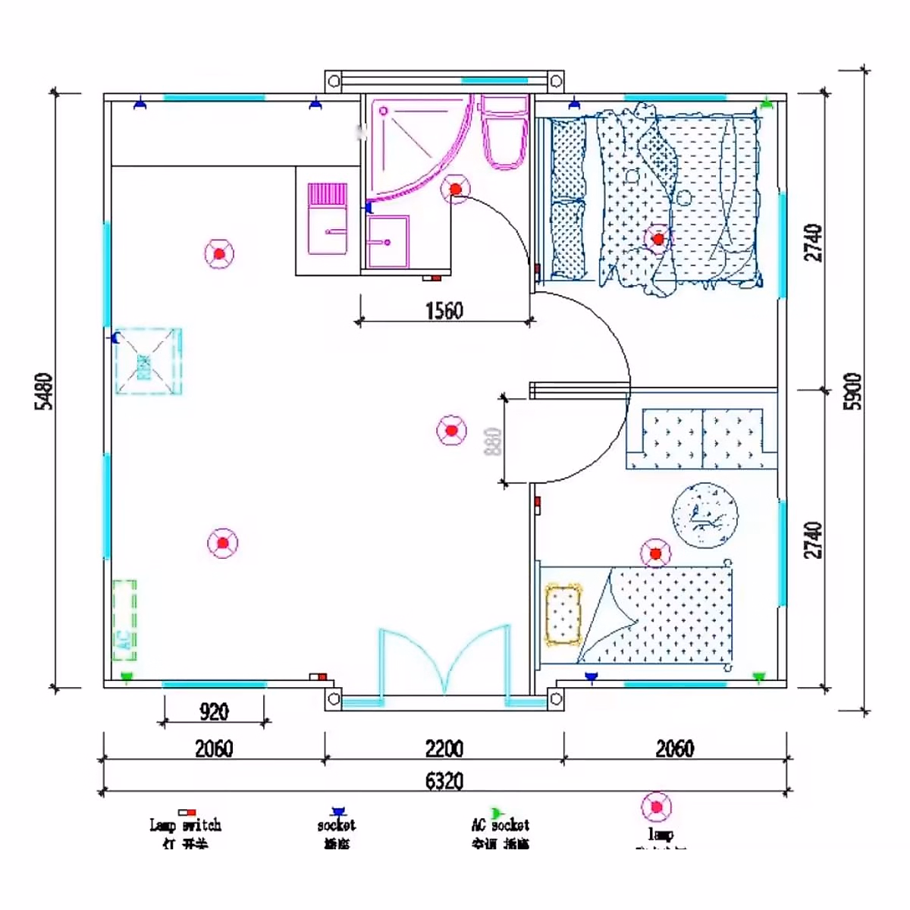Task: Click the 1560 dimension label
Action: click(444, 310)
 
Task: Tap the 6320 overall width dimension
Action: click(444, 780)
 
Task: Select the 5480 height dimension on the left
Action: click(45, 391)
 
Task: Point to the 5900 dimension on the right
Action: click(853, 391)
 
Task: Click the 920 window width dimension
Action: click(214, 711)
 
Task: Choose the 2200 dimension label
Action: click(444, 748)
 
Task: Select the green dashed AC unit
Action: click(124, 620)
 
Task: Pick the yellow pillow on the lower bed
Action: click(563, 614)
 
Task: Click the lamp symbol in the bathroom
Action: click(455, 189)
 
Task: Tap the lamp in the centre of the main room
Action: click(451, 431)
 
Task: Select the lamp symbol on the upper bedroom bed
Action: click(657, 239)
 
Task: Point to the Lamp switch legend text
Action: click(185, 825)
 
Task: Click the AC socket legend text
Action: click(500, 825)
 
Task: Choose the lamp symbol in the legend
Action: click(656, 807)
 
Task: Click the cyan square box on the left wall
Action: click(149, 362)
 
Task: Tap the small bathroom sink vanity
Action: click(388, 242)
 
